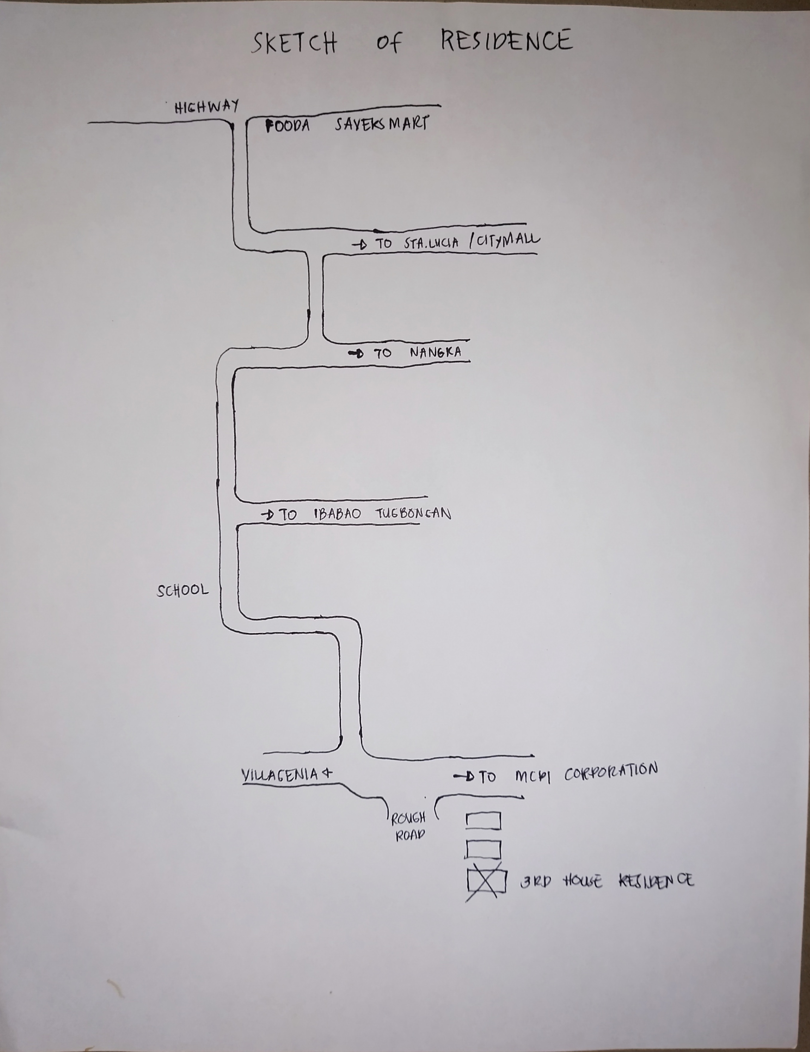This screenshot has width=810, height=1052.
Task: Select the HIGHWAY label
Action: pos(207,107)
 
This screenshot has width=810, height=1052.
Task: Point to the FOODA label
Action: pos(288,126)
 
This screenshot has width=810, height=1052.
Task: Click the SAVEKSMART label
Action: pos(381,124)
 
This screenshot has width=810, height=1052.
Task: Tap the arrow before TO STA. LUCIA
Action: pos(360,245)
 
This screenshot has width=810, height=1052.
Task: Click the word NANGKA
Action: pos(435,352)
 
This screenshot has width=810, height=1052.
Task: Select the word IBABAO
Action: pos(337,514)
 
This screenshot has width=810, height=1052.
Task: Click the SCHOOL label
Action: pos(182,590)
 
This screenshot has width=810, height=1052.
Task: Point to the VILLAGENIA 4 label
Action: pos(286,775)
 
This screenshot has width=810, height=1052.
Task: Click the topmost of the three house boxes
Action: pos(483,821)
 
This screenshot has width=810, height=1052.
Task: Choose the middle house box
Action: pos(483,850)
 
